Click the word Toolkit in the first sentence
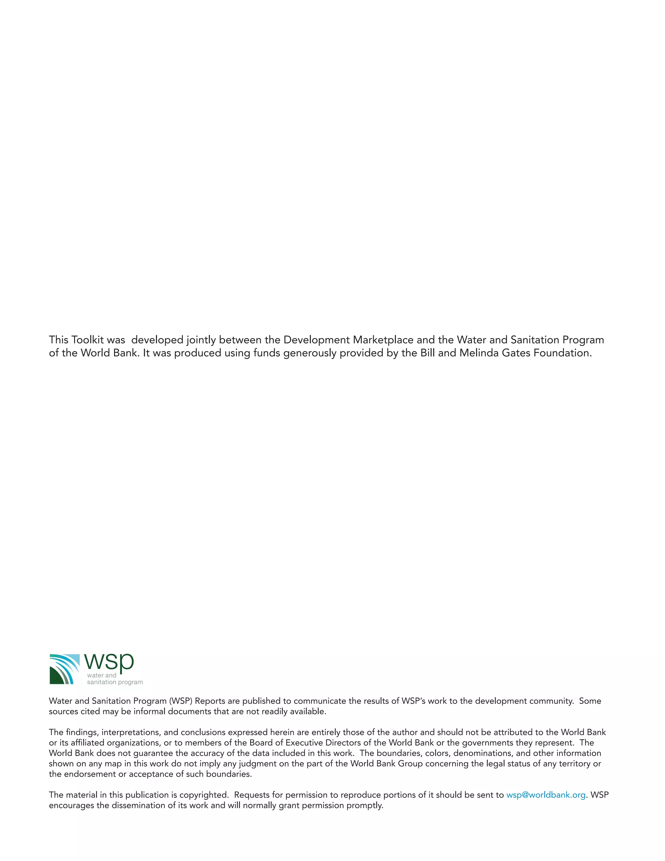click(87, 340)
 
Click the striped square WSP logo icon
click(64, 669)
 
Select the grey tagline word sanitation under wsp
click(102, 682)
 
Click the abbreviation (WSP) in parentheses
click(181, 701)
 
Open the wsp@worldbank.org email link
click(546, 795)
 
